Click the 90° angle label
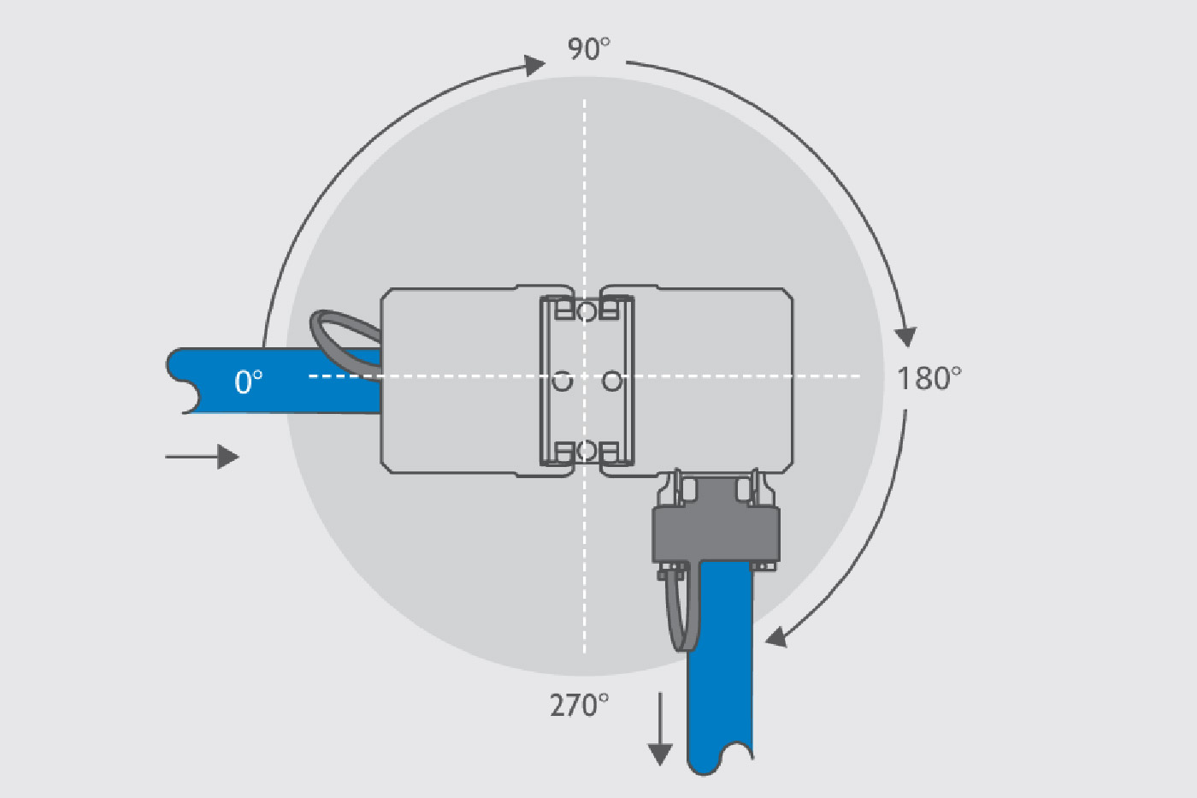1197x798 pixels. pos(588,49)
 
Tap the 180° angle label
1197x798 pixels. pos(929,378)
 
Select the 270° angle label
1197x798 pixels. pos(580,705)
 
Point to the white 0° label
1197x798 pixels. pos(249,381)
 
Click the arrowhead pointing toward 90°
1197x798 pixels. pos(534,65)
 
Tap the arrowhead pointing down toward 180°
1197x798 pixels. pos(905,337)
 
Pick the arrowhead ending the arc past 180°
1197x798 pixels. pos(776,637)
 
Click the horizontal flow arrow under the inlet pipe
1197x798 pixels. pos(202,457)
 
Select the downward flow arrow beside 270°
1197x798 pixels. pos(660,729)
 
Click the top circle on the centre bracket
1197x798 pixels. pos(587,311)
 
